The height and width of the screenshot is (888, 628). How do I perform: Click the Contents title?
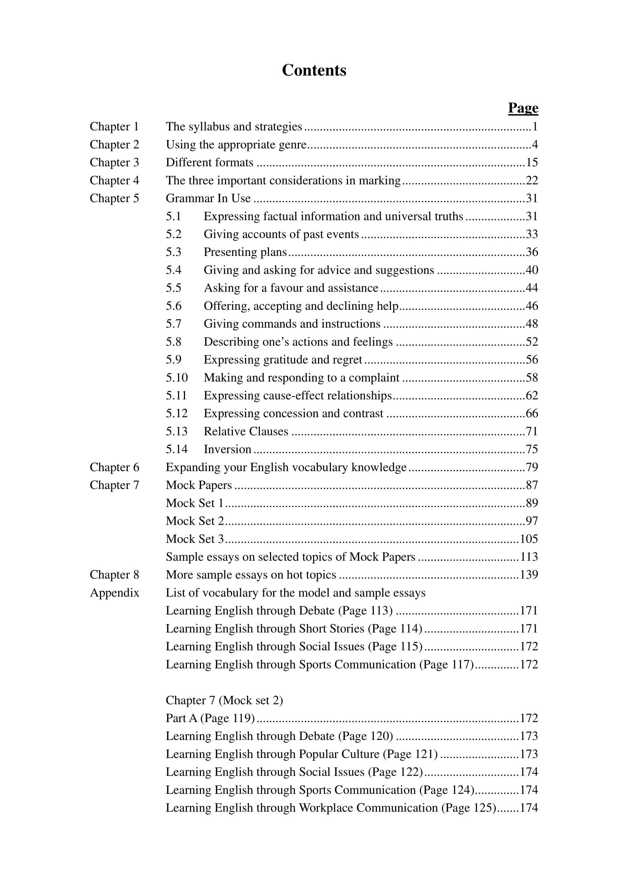coord(314,70)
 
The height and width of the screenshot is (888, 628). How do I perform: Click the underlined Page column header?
coord(523,108)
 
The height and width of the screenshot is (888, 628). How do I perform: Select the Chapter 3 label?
coord(114,162)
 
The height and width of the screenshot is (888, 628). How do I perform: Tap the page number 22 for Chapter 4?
coord(532,180)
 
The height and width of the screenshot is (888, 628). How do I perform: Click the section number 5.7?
coord(173,324)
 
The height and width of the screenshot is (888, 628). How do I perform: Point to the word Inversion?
coord(228,449)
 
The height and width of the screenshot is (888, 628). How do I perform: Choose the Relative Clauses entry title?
coord(246,431)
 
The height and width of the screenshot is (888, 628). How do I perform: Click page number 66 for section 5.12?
coord(532,413)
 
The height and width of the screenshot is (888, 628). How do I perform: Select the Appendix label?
coord(114,593)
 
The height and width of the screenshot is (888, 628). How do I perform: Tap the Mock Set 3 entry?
coord(195,539)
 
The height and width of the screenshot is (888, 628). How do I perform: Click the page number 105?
coord(528,539)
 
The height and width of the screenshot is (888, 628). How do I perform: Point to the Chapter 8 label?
coord(114,575)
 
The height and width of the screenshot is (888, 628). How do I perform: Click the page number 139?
coord(528,575)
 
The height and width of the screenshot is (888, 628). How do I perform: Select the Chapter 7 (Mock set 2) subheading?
coord(224,700)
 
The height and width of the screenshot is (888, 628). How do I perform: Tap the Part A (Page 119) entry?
coord(210,718)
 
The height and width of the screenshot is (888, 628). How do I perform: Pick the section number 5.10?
coord(176,377)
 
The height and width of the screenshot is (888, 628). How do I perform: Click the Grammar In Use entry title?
coord(208,199)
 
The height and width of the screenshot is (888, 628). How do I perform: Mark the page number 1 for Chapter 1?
coord(535,126)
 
